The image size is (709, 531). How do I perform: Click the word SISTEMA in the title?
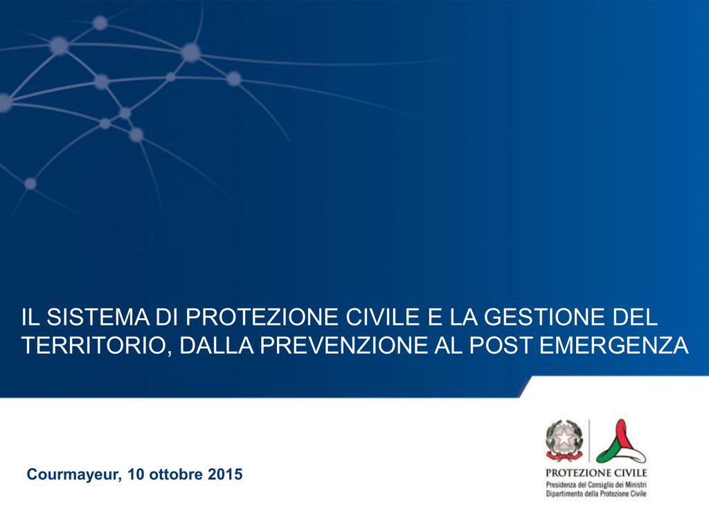98,317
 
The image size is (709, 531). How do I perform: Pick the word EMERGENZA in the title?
613,346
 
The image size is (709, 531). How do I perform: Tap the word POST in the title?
500,346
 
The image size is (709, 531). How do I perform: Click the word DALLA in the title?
217,346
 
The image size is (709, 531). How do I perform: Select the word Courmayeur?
74,474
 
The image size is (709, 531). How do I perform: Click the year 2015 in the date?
225,474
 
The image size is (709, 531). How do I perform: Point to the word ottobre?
176,474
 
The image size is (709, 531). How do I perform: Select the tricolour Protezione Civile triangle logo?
621,441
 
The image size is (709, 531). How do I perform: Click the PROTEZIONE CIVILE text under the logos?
596,473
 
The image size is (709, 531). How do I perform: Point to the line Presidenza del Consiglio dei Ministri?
596,485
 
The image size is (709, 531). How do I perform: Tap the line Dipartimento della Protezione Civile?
596,494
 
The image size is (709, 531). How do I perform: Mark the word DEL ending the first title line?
635,317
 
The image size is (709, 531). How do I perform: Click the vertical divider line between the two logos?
589,441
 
